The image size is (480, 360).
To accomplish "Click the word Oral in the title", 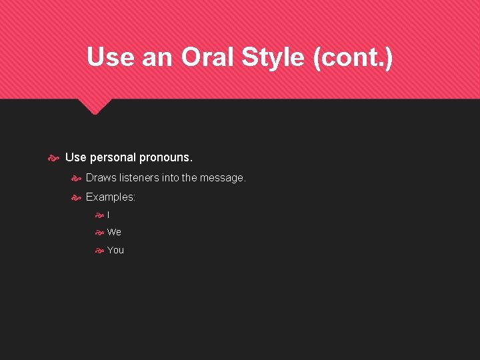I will click(205, 57).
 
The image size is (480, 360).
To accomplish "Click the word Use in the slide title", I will click(110, 57).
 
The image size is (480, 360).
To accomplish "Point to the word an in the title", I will click(157, 57).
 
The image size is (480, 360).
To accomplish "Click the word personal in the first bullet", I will click(113, 158).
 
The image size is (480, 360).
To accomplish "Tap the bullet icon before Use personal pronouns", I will click(54, 158).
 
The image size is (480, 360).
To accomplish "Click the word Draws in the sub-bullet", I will click(100, 178).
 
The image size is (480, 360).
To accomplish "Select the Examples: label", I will click(111, 197).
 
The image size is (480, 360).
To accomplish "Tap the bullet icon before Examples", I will click(76, 197).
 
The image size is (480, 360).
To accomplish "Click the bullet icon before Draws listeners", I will click(76, 178).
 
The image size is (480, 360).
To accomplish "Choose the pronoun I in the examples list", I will click(109, 215).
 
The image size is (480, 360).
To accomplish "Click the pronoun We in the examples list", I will click(114, 232).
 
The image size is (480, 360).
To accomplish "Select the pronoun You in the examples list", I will click(115, 250).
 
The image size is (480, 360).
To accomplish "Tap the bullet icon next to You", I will click(99, 250).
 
